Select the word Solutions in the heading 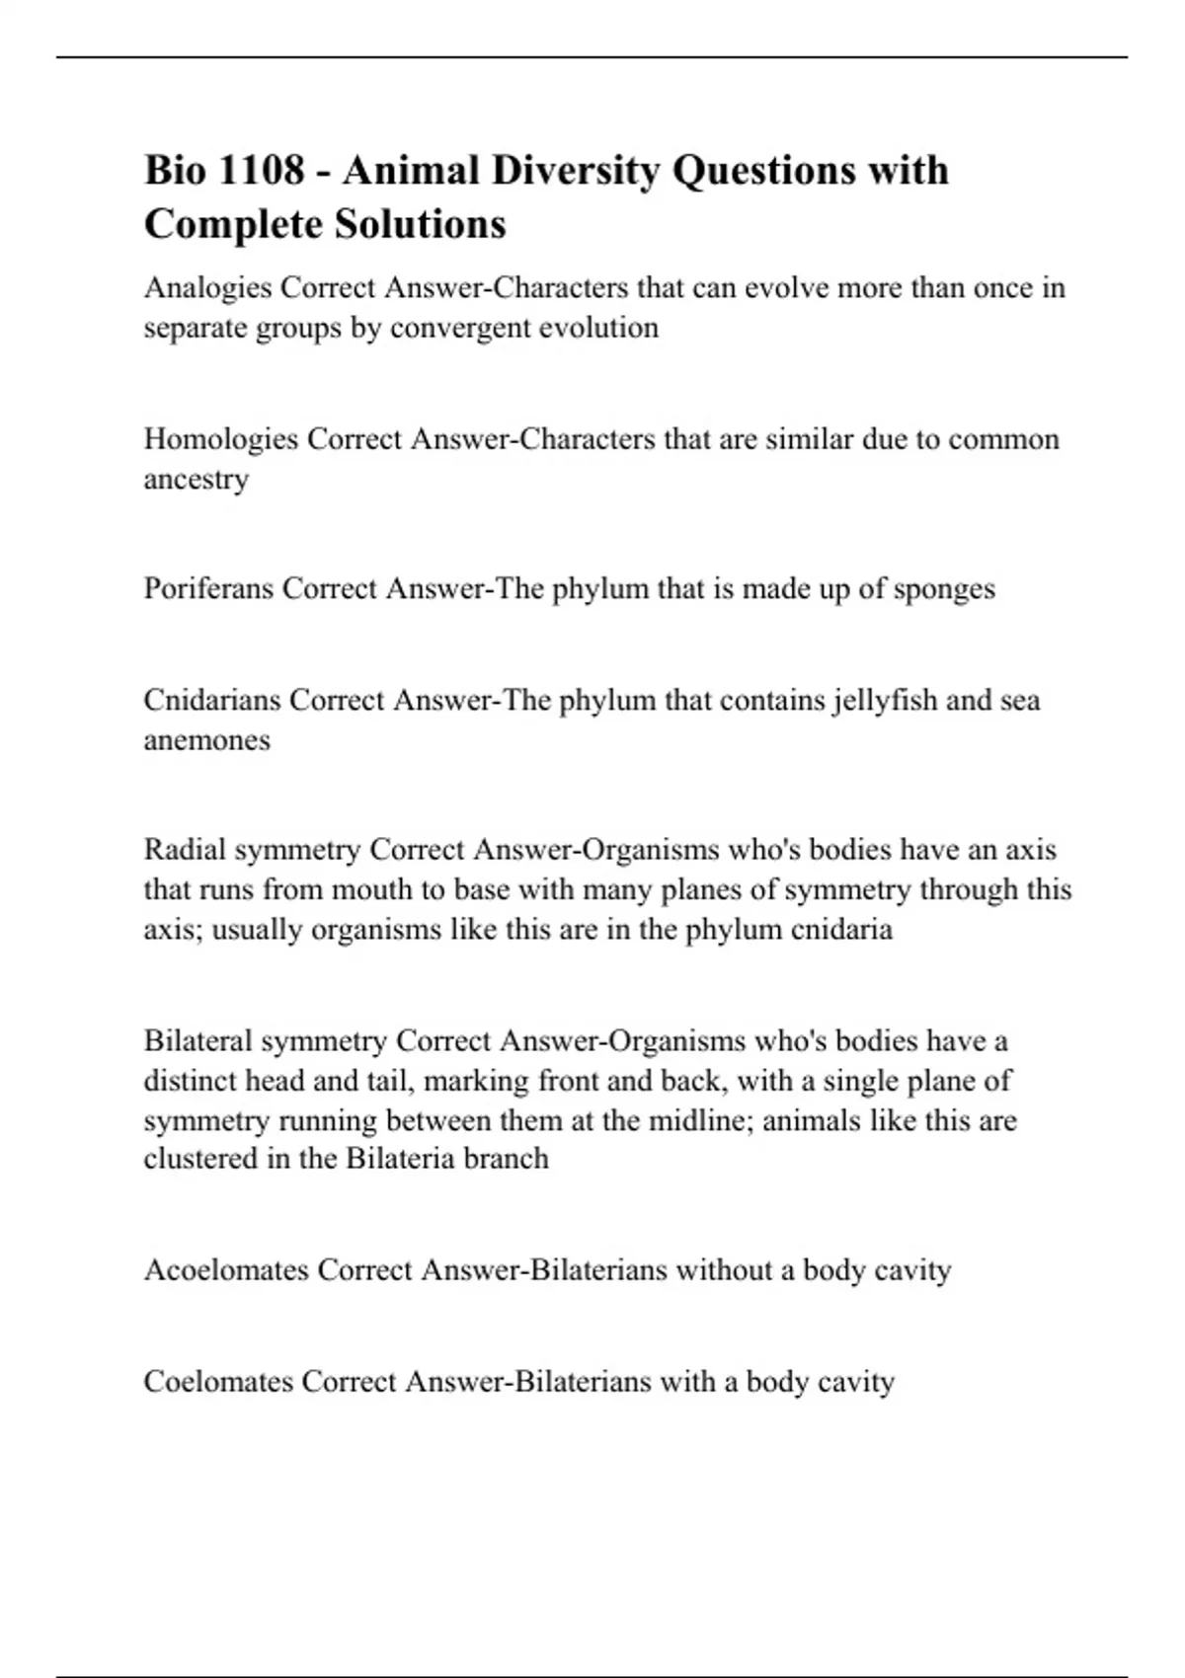point(420,224)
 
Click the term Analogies point(207,288)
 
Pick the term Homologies point(220,439)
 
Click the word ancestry point(196,480)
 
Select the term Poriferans point(208,589)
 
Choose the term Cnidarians point(211,701)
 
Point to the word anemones point(206,740)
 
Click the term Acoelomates point(226,1270)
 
